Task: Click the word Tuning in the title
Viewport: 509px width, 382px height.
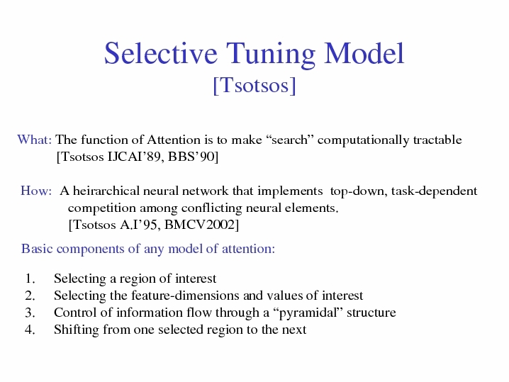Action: coord(270,55)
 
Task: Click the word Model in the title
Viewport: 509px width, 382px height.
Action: coord(364,53)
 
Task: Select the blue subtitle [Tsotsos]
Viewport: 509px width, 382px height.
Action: coord(254,86)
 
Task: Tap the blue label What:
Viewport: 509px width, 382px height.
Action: coord(35,140)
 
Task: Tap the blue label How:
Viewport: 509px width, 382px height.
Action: coord(36,191)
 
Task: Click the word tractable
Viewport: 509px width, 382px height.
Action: coord(437,140)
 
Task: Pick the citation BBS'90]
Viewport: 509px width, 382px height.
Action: coord(193,157)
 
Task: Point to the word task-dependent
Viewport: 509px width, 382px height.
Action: coord(435,191)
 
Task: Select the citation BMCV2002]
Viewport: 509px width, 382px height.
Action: coord(201,225)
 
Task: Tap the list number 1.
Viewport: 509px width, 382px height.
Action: coord(30,279)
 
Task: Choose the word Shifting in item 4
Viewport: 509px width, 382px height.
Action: coord(77,330)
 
